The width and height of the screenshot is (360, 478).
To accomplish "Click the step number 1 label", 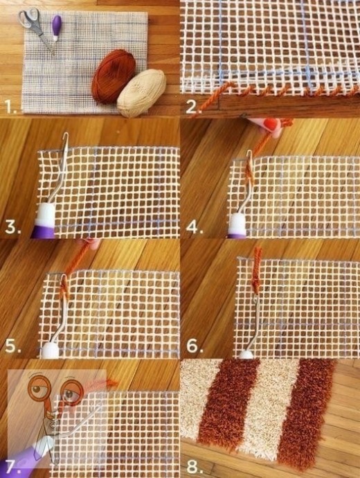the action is point(12,107).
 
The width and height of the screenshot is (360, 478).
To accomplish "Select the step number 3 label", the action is point(13,227).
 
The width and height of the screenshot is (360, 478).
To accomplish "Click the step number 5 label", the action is point(13,346).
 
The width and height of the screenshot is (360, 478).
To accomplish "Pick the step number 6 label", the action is point(195,346).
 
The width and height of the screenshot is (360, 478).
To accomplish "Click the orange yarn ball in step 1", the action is point(114,76).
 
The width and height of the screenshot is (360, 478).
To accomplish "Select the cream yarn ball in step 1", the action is point(142,93).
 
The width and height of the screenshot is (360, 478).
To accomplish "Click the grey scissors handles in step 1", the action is point(29,19).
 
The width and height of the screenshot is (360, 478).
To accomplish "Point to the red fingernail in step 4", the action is point(271,124).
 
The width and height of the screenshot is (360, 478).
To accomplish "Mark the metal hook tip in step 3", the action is point(66,136).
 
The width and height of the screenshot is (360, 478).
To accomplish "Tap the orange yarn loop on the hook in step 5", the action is point(64,289).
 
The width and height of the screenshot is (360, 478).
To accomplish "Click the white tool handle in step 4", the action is point(237,224).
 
